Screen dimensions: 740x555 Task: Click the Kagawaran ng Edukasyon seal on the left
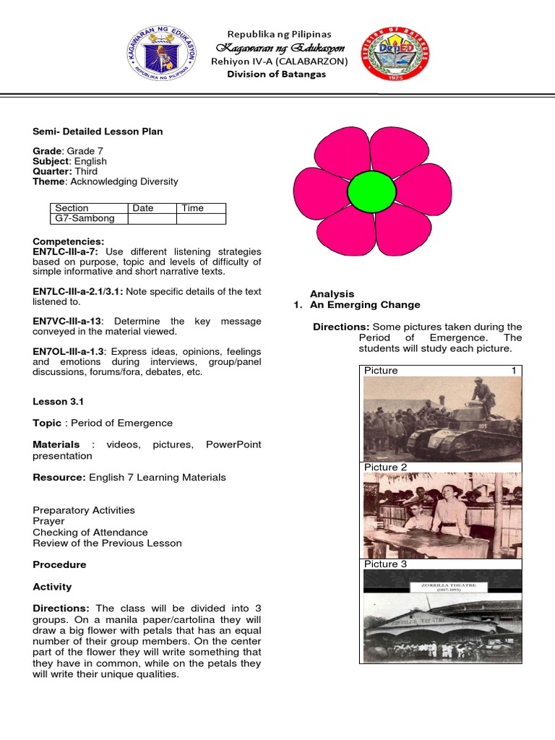[x=165, y=54]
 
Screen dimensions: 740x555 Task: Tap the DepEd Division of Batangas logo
[x=396, y=54]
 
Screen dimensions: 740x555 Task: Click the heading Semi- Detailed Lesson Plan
[x=98, y=132]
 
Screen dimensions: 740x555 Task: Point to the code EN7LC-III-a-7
[x=66, y=251]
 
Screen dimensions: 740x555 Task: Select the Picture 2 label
[x=385, y=468]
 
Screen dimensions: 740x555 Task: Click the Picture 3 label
[x=385, y=564]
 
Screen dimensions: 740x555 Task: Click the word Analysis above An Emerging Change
[x=332, y=293]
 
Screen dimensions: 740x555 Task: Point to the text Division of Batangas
[x=276, y=74]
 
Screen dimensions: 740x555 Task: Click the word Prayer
[x=48, y=521]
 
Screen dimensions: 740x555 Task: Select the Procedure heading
[x=59, y=564]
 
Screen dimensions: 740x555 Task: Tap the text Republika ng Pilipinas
[x=279, y=34]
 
